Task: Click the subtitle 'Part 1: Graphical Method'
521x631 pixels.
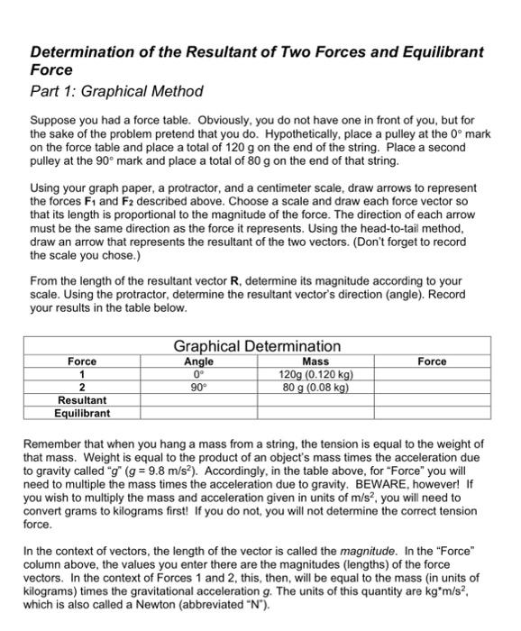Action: tap(117, 91)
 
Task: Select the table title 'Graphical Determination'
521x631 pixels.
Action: tap(257, 346)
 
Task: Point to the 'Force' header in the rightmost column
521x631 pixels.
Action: tap(432, 361)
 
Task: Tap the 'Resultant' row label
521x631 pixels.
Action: tap(82, 400)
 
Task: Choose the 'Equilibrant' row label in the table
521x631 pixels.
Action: tap(82, 413)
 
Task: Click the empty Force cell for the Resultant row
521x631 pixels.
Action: tap(432, 400)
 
